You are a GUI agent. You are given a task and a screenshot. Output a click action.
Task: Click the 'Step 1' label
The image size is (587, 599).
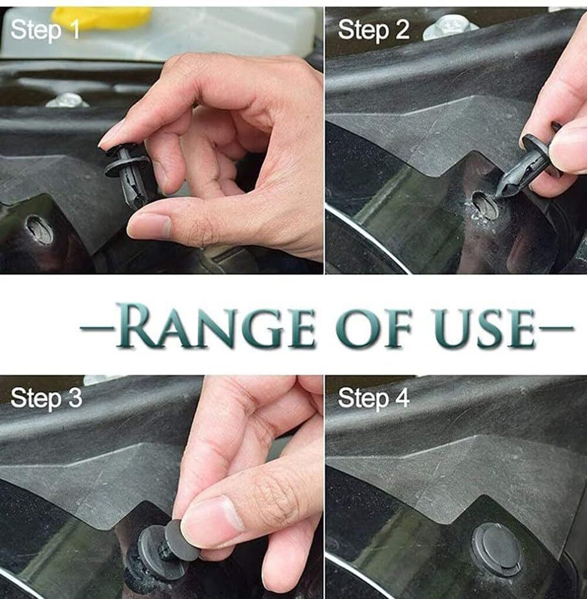click(45, 30)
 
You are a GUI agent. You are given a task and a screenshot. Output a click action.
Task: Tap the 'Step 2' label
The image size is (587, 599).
click(373, 30)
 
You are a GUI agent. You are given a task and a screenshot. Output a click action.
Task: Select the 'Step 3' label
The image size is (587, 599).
click(46, 398)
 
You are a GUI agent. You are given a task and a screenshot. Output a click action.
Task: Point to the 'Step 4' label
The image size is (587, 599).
click(374, 398)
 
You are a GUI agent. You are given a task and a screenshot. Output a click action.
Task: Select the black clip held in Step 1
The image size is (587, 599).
click(128, 174)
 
